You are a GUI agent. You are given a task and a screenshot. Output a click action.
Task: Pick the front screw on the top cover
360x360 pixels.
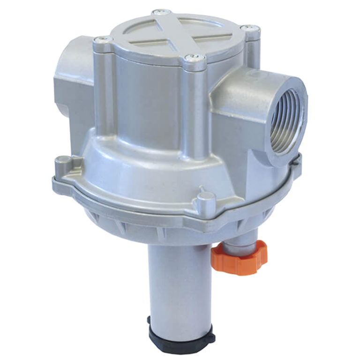[x=194, y=58]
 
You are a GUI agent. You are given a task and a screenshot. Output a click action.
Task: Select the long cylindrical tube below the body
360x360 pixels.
[x=180, y=281]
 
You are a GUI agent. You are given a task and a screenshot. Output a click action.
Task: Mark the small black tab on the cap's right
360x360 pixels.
[x=211, y=336]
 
